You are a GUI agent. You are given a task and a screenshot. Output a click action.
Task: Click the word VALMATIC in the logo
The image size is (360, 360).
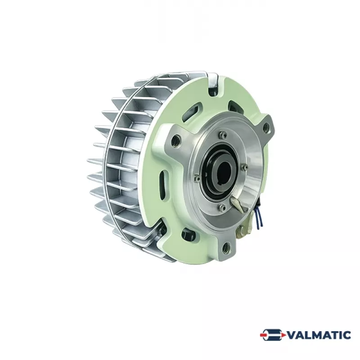[319, 335]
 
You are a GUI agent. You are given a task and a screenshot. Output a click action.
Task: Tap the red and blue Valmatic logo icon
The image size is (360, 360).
[273, 335]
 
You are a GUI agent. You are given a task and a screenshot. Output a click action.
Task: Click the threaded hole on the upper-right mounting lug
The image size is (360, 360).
[266, 126]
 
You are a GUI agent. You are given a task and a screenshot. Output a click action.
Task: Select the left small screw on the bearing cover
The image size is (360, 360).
[198, 178]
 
